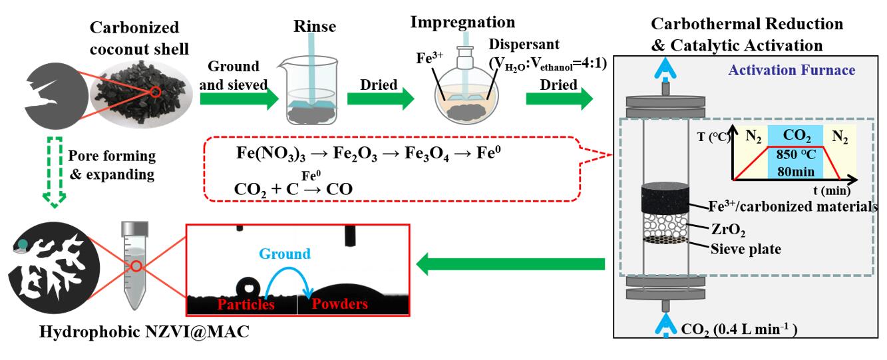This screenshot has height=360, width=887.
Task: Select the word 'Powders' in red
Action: tap(331, 304)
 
